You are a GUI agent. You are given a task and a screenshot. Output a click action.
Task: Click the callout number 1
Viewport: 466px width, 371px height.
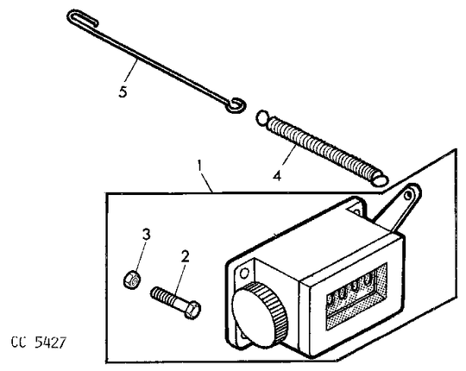[199, 167]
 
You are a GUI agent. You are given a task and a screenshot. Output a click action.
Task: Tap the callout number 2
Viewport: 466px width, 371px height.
[185, 256]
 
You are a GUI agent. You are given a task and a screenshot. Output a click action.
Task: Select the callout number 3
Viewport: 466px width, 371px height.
[146, 235]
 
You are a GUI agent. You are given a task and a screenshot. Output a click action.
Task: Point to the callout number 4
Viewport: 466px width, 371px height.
[277, 176]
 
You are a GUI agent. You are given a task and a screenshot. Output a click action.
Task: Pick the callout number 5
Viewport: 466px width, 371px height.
[123, 91]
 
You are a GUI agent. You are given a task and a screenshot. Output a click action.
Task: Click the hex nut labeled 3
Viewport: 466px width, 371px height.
[131, 280]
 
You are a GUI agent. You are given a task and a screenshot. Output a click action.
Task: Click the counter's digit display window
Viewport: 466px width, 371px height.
[356, 296]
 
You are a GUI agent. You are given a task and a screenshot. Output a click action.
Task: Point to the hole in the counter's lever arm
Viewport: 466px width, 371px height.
[408, 195]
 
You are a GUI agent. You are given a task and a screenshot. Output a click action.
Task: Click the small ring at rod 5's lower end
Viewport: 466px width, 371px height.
[236, 104]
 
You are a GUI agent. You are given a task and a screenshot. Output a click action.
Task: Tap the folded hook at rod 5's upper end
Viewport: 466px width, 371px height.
[82, 18]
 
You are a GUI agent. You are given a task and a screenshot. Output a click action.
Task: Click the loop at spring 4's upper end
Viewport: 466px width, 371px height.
[261, 117]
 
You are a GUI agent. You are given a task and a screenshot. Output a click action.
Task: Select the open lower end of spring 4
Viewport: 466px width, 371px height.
[379, 179]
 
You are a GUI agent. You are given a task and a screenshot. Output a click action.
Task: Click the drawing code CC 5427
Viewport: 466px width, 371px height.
[38, 343]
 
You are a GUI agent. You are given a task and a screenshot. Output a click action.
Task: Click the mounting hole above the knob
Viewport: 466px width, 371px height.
[244, 273]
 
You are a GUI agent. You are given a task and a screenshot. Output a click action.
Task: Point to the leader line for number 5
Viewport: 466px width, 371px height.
[131, 72]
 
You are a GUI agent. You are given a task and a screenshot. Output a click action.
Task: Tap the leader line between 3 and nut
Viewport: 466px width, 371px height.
[140, 256]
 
